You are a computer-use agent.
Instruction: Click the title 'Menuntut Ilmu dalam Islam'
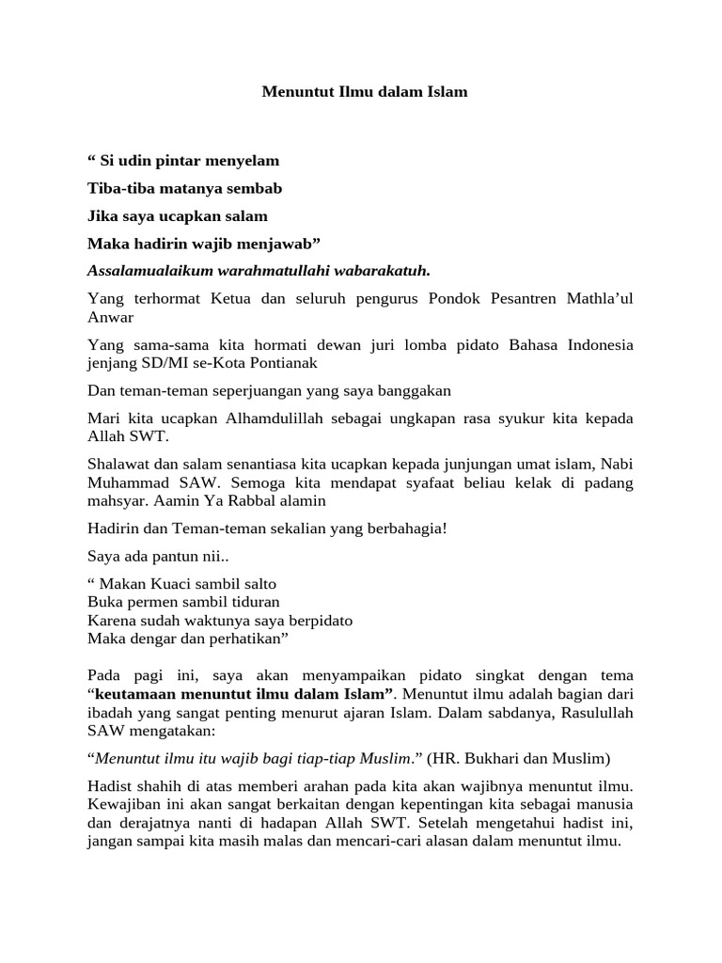pos(363,92)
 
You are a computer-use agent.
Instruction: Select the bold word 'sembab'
pos(255,188)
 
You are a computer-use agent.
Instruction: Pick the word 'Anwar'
pos(111,317)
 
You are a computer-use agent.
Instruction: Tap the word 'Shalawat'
pos(118,464)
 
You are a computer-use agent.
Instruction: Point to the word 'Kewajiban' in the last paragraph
pos(123,804)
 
